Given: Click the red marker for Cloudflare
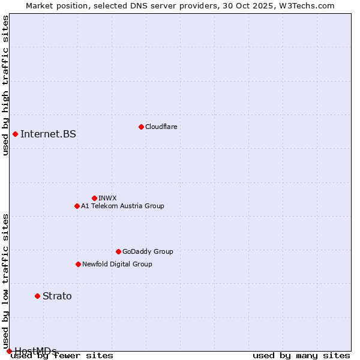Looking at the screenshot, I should (141, 127).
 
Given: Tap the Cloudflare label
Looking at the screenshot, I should (161, 127).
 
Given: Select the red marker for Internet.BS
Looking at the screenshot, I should (15, 134).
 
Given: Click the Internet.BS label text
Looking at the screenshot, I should (48, 134).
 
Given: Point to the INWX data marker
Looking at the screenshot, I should (94, 198).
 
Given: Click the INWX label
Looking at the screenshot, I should (107, 198).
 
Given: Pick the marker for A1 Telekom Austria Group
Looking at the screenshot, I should (77, 206).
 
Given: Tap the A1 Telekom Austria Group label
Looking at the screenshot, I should (122, 206).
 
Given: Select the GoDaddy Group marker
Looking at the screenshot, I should (118, 251).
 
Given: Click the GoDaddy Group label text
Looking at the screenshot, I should (147, 251).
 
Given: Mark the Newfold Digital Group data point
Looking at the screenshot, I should (78, 264).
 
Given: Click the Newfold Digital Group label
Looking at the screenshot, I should (117, 264).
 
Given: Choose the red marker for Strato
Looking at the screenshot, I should (37, 296).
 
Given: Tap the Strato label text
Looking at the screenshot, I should (57, 296).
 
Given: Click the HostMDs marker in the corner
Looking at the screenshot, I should (9, 351).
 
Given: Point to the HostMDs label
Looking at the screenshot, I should (35, 351).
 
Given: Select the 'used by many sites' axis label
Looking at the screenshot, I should (301, 355).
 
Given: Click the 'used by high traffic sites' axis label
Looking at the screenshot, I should (5, 85).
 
